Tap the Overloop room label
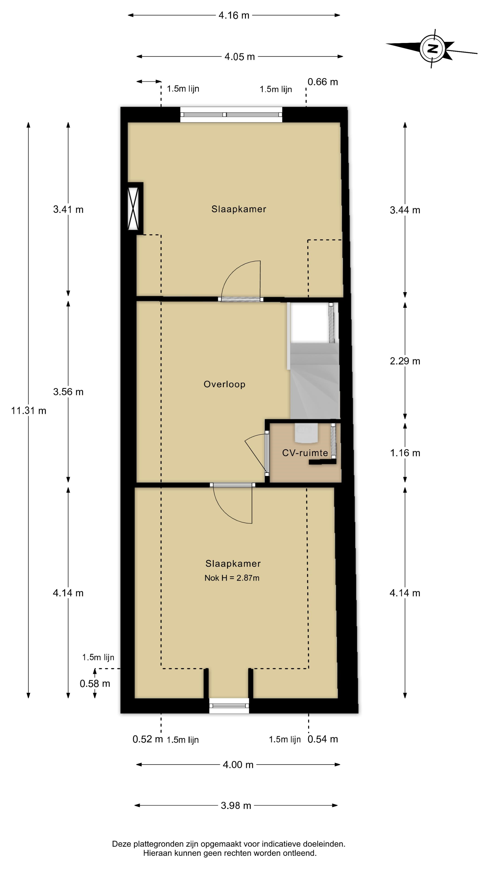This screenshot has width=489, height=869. coord(224,384)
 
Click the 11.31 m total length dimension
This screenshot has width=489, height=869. coord(29,411)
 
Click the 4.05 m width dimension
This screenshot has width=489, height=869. coord(240,57)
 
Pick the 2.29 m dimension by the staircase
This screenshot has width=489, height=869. coord(405,361)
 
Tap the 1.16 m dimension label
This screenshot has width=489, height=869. coord(405,453)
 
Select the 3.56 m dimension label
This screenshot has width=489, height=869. coord(68,392)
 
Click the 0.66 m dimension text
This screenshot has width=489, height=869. coord(323,82)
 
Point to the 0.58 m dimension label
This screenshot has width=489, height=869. coord(95,684)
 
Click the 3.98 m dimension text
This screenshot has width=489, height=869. coord(236,806)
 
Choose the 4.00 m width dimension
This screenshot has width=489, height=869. coord(238,764)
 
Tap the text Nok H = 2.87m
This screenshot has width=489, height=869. coord(232,578)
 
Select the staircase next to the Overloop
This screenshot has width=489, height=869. coord(314,361)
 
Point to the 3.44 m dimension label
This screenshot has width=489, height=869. coord(405,210)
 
